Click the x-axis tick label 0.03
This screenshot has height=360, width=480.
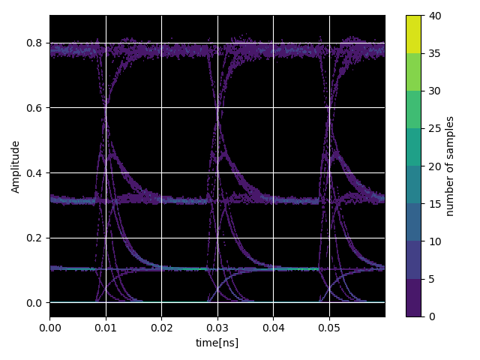point(217,328)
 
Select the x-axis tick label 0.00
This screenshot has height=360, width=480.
point(49,328)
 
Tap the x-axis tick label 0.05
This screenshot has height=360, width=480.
point(329,328)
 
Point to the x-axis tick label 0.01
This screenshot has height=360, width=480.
point(106,328)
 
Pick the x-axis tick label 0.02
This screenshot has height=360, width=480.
point(161,328)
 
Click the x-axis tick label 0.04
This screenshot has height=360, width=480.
point(273,328)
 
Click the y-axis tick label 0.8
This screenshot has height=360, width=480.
point(34,43)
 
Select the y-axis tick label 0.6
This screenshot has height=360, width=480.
point(34,108)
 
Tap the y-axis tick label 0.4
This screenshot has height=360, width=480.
point(34,173)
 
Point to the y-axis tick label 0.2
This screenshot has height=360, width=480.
point(34,238)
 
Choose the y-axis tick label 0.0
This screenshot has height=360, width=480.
point(34,303)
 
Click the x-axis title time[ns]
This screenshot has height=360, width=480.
point(217,343)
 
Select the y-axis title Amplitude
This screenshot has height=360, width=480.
point(15,166)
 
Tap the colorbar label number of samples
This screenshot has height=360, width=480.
point(450,166)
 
